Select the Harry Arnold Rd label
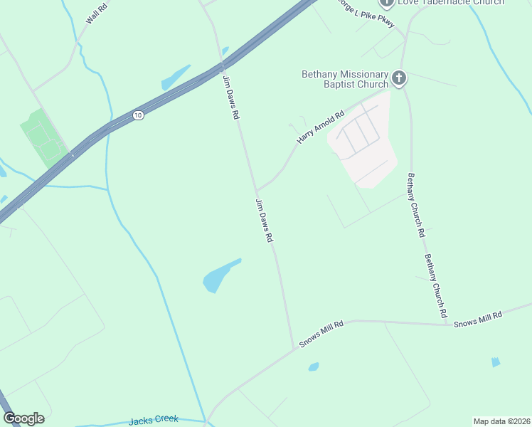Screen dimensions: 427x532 320,127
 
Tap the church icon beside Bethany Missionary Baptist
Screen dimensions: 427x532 399,78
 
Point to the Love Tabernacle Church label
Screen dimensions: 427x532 450,2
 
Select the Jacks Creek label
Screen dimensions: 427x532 154,420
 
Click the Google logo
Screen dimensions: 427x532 23,418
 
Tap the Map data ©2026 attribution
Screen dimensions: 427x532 501,421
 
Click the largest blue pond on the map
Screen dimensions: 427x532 218,276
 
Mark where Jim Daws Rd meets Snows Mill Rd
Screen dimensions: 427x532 293,348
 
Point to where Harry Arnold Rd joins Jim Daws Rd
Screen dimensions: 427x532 257,191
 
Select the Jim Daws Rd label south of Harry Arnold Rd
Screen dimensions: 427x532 265,221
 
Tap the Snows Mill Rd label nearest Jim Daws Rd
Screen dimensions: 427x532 321,334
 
